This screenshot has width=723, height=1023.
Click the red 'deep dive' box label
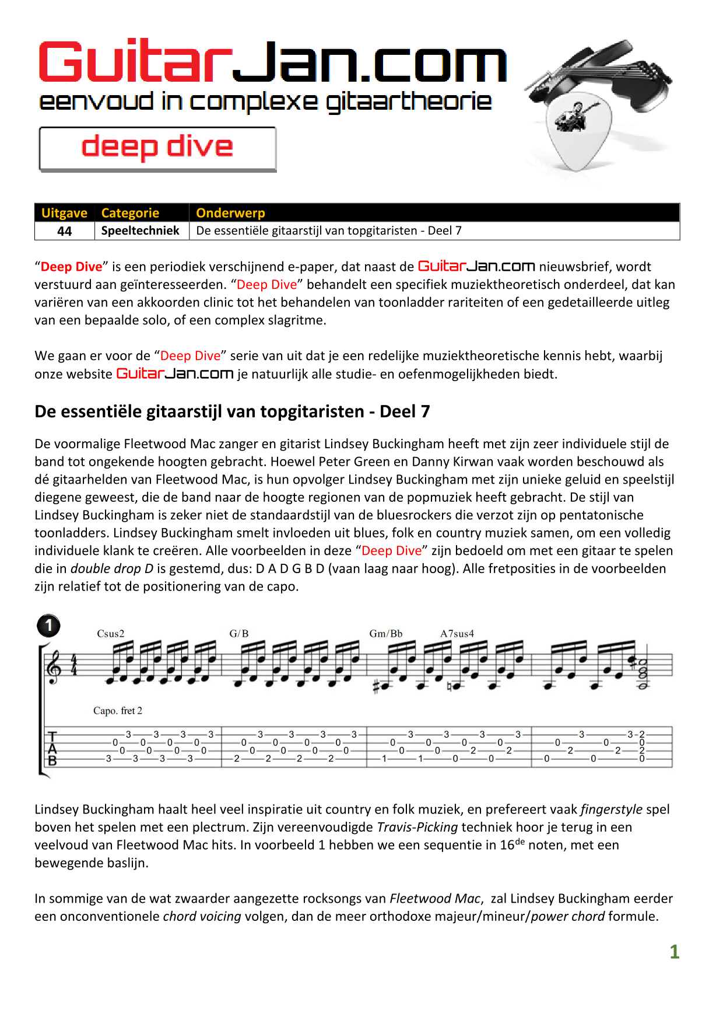click(157, 147)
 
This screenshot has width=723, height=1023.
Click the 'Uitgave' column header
click(64, 213)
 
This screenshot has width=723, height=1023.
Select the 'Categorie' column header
click(130, 213)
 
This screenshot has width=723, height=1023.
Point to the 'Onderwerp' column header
click(230, 213)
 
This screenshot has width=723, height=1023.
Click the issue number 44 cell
click(64, 231)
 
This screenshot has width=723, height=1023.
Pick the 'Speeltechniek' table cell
click(140, 231)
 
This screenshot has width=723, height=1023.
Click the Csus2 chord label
click(111, 634)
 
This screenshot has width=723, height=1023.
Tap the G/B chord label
click(239, 634)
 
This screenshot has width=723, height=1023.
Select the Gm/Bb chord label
click(386, 634)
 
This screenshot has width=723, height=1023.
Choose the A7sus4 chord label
click(457, 634)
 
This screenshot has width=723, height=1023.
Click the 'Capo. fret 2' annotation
click(118, 711)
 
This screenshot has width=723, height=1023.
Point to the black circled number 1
click(48, 626)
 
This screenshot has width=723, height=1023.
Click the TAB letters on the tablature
click(52, 748)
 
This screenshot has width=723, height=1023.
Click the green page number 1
click(675, 952)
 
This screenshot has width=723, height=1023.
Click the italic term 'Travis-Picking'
click(417, 828)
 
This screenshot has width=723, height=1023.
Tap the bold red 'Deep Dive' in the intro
click(71, 267)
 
